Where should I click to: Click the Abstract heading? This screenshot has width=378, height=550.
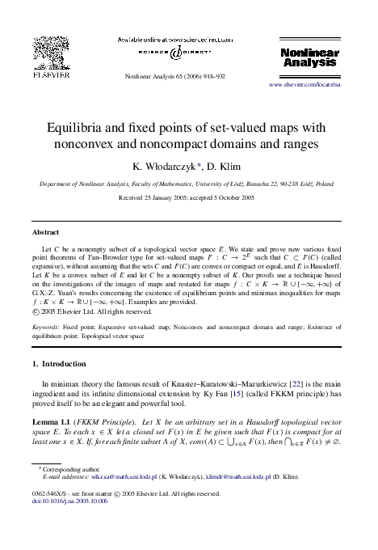point(44,231)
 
